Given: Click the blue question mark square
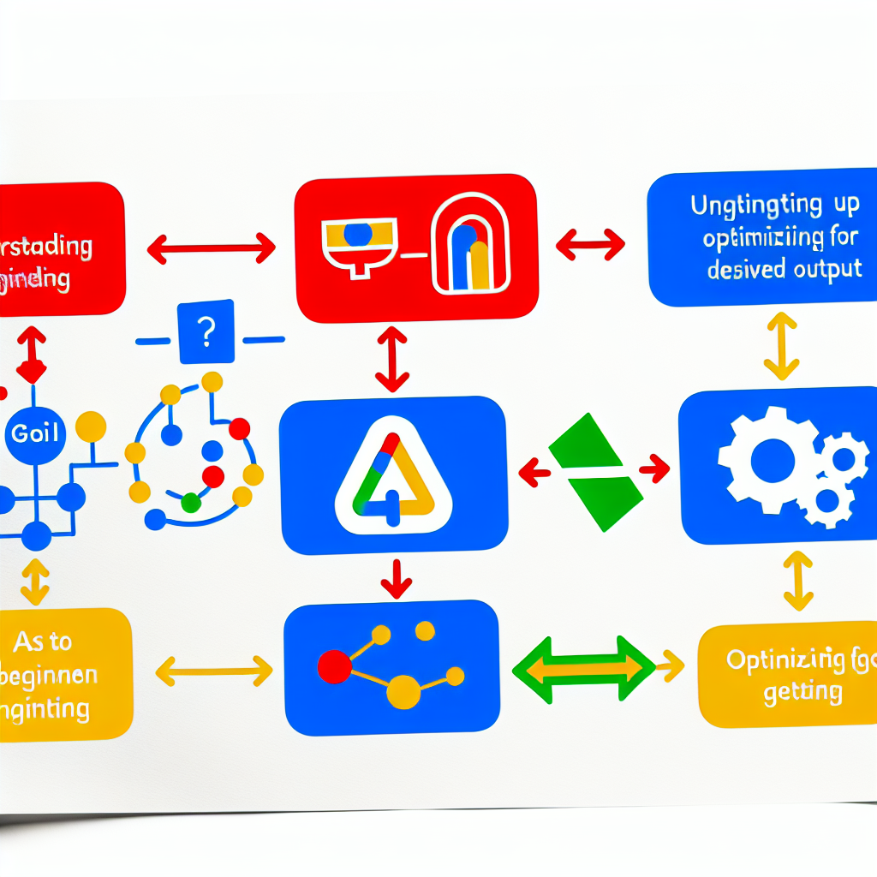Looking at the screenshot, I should coord(207,331).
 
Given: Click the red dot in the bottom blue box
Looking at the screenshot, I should coord(334,666).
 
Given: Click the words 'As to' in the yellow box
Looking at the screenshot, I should coord(43,641).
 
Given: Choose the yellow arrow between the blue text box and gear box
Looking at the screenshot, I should coord(781,346).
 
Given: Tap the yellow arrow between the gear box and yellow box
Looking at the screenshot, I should coord(798,581).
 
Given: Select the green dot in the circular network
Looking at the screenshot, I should coord(191,503).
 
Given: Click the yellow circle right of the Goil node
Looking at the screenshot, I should coord(90,426).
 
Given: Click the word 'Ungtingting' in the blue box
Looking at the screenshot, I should coord(743,206).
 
